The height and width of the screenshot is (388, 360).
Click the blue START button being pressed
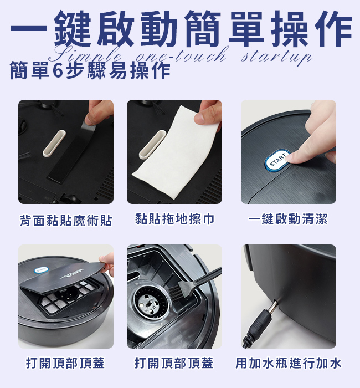pos(277,160)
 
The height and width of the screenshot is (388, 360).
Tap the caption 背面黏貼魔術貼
pos(66,221)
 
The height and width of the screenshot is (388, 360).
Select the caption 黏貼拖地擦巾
pos(174,219)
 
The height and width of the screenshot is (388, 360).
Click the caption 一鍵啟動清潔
pos(288,219)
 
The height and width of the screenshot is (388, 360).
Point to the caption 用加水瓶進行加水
pos(289,363)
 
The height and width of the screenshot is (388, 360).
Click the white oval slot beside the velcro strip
pos(54,144)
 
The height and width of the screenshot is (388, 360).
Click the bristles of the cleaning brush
pos(177,292)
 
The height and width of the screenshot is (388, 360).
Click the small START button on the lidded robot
pos(42,270)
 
